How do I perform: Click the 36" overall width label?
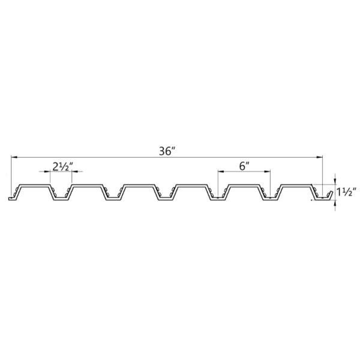[x=167, y=151]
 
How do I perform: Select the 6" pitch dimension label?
[x=244, y=166]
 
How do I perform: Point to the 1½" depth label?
[x=346, y=192]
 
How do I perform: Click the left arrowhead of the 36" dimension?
[x=14, y=157]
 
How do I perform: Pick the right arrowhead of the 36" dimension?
[x=320, y=157]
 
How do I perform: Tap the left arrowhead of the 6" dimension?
[x=221, y=171]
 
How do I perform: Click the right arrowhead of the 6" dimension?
[x=267, y=171]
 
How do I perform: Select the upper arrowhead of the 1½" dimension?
[x=335, y=181]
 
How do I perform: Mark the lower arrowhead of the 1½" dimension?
[x=335, y=203]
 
